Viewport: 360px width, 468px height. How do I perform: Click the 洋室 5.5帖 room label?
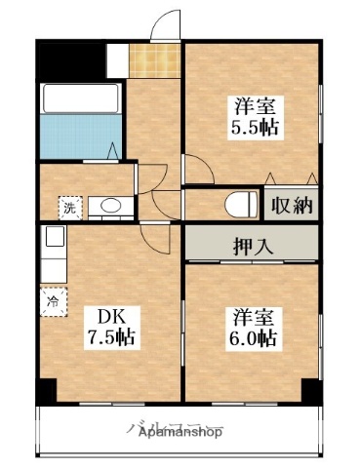[x=252, y=116]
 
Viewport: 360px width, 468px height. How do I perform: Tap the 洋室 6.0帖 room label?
[x=253, y=328]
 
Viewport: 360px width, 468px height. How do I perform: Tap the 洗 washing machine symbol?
[x=70, y=207]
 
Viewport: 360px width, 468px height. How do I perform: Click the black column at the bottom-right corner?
[x=311, y=390]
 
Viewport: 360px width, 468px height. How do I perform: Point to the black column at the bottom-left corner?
[x=47, y=391]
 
